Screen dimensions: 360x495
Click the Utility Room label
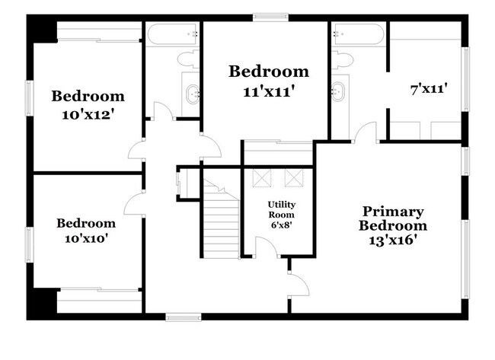tap(281, 209)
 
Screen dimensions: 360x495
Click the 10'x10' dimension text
tap(86, 239)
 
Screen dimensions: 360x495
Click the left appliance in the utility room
tap(261, 177)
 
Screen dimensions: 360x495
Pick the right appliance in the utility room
tap(293, 177)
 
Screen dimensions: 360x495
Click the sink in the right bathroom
tap(338, 91)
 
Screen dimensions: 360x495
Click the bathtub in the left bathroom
tap(172, 34)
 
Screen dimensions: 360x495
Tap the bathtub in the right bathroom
tap(359, 34)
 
